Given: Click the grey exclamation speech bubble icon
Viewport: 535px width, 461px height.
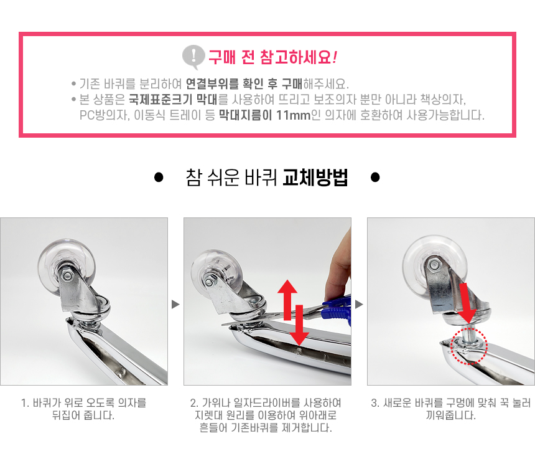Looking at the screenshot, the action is [x=193, y=57].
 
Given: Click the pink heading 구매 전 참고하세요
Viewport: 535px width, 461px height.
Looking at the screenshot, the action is [x=272, y=57].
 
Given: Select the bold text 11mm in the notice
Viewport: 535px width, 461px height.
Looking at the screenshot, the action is [x=294, y=115].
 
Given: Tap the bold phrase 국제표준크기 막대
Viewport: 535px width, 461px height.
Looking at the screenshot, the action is [x=173, y=100].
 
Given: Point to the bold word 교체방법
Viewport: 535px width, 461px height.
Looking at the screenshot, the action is [x=315, y=178].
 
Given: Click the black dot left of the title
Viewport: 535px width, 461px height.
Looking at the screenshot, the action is [x=159, y=178].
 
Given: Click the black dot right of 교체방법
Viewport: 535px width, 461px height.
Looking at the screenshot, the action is [x=375, y=178].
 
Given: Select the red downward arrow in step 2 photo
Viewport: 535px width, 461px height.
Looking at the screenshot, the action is [x=299, y=325].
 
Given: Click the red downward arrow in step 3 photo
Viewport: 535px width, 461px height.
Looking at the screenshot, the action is [x=467, y=303].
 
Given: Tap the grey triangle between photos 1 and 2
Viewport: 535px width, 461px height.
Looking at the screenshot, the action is [x=175, y=304].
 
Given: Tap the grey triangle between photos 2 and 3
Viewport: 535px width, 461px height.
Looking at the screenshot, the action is [x=359, y=304].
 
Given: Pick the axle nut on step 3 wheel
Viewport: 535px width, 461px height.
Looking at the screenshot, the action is [x=434, y=265].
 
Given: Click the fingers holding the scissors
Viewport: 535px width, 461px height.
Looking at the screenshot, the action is [x=338, y=270].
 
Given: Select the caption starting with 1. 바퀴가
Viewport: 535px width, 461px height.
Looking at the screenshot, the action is [x=83, y=409].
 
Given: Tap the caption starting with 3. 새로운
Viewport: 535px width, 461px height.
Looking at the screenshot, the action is [x=451, y=409].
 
